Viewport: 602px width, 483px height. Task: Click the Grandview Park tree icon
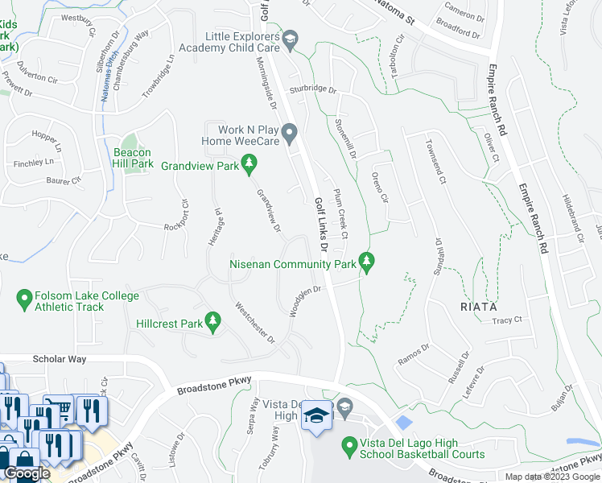[x=249, y=166]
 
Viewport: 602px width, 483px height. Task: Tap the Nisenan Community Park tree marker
[x=367, y=263]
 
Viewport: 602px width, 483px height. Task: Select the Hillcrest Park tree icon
[x=213, y=323]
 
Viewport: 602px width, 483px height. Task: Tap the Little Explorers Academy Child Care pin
[x=290, y=38]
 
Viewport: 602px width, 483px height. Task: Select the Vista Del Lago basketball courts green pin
[x=349, y=444]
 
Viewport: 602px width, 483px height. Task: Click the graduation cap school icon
[x=315, y=416]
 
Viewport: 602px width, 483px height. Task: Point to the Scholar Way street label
[x=60, y=359]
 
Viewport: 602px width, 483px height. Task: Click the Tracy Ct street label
[x=507, y=320]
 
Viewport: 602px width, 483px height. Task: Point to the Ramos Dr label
[x=414, y=356]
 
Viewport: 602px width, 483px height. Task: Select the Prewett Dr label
[x=17, y=85]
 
